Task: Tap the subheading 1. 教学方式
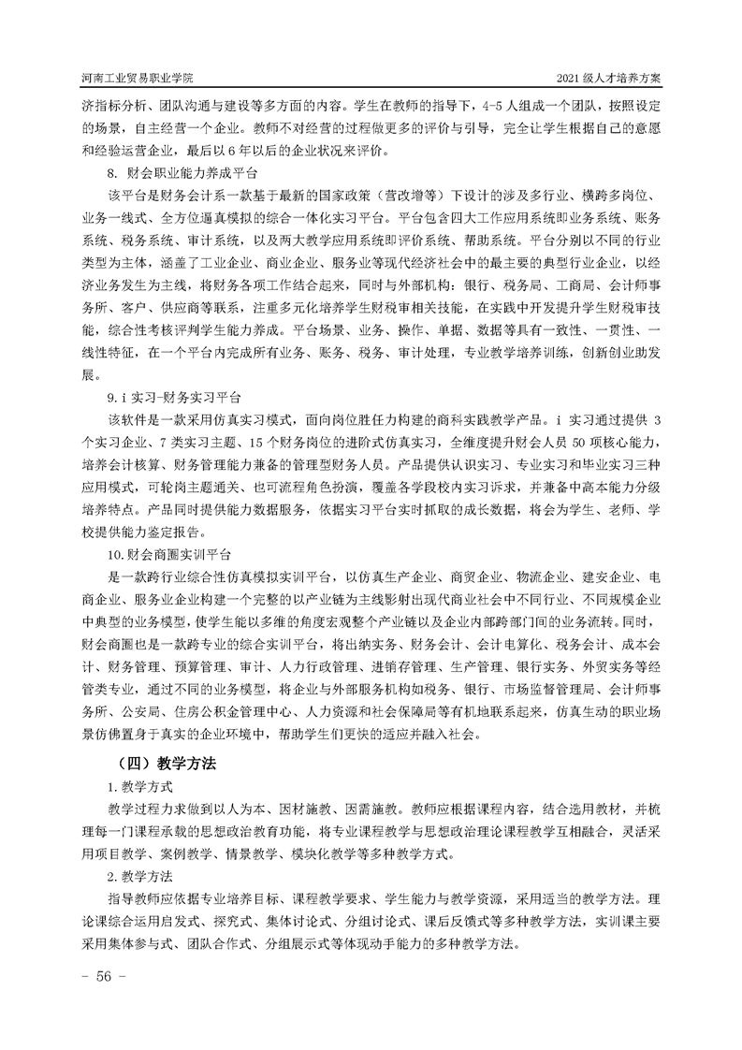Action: pyautogui.click(x=140, y=788)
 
